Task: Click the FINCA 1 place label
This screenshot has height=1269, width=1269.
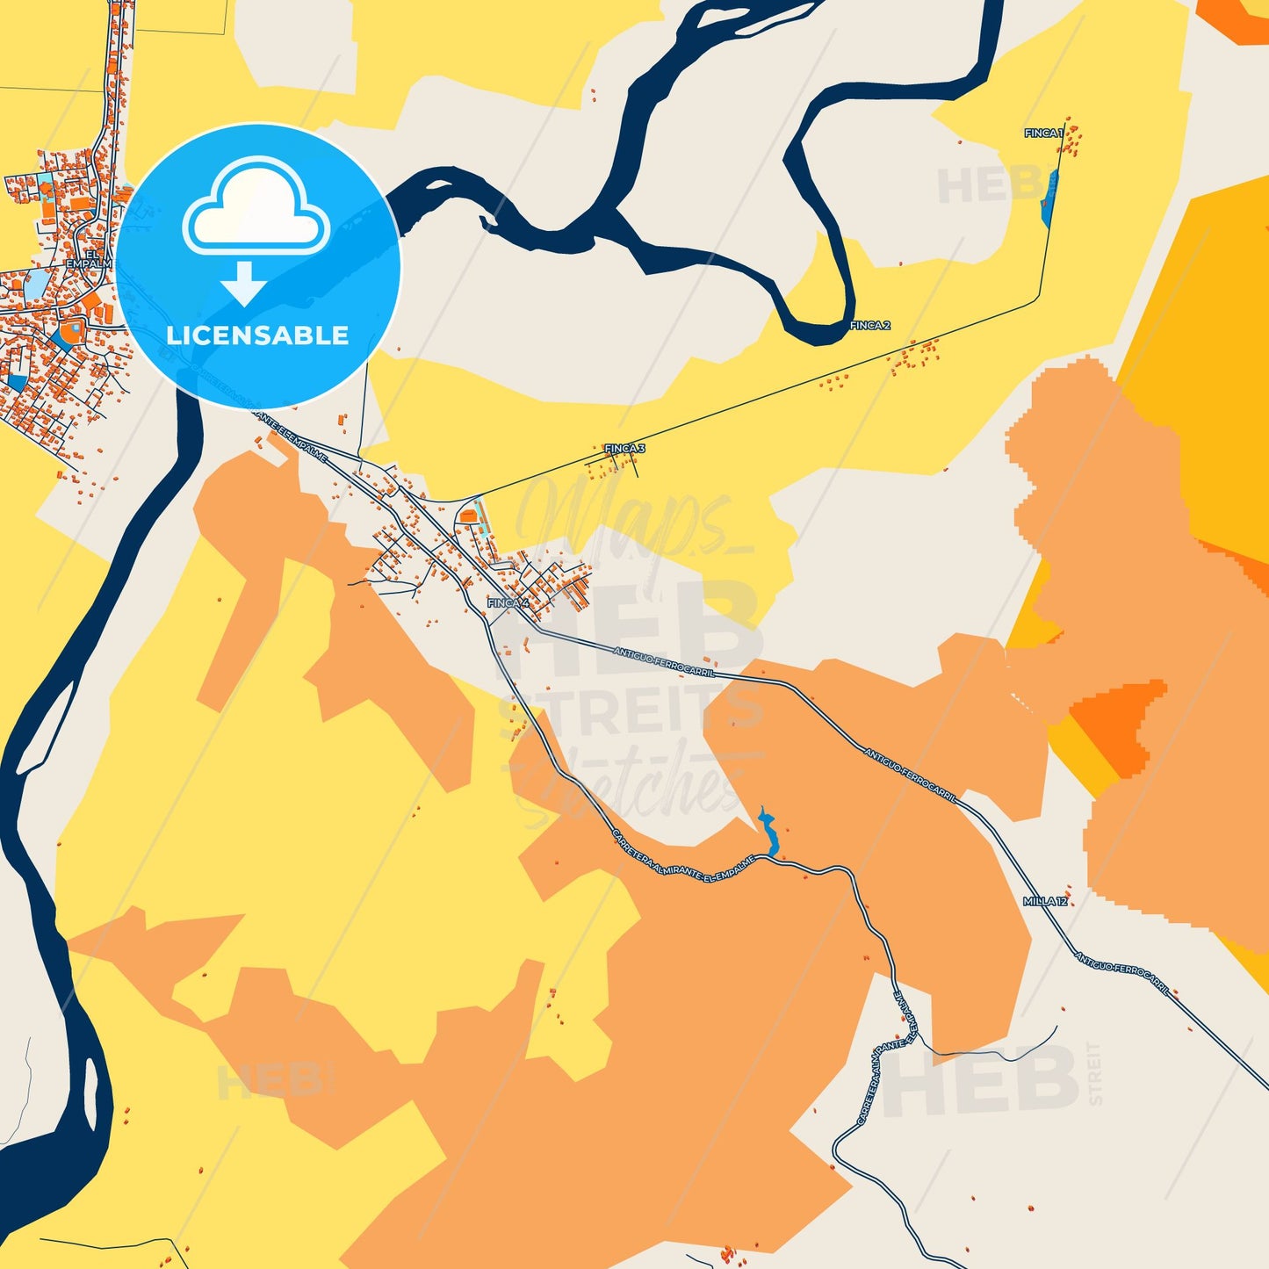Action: pyautogui.click(x=1042, y=133)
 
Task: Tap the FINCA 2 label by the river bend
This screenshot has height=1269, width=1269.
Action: pyautogui.click(x=869, y=326)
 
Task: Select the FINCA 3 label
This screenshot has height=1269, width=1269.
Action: pyautogui.click(x=624, y=449)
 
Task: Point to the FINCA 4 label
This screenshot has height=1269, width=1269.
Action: pyautogui.click(x=508, y=603)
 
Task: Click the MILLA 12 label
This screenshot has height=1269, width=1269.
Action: pyautogui.click(x=1045, y=902)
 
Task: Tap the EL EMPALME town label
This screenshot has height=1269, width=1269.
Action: pyautogui.click(x=90, y=258)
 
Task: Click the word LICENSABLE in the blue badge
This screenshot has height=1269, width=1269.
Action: pyautogui.click(x=257, y=335)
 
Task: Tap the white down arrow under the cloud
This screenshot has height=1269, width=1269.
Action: pyautogui.click(x=243, y=283)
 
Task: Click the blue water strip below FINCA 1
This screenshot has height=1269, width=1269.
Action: pyautogui.click(x=1049, y=198)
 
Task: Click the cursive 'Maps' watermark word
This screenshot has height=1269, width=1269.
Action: pyautogui.click(x=615, y=518)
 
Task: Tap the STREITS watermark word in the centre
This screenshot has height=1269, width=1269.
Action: pyautogui.click(x=631, y=713)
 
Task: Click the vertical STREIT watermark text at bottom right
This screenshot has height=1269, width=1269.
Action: pyautogui.click(x=1094, y=1073)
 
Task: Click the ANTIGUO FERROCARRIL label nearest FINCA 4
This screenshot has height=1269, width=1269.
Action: pyautogui.click(x=664, y=662)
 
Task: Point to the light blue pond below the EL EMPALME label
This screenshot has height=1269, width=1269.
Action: pyautogui.click(x=36, y=284)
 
